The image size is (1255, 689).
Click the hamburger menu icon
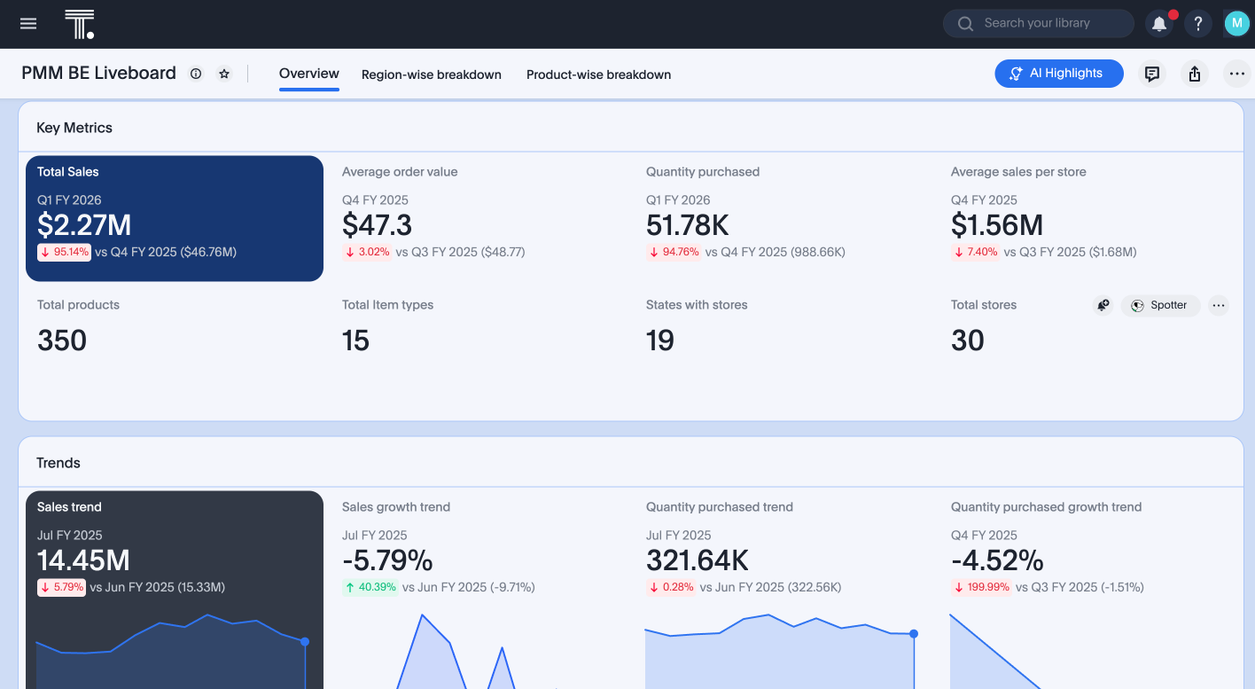(x=28, y=24)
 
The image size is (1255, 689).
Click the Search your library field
(x=1038, y=24)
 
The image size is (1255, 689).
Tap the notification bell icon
(x=1158, y=24)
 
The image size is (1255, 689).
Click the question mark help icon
(x=1198, y=24)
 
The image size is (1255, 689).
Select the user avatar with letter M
(x=1236, y=24)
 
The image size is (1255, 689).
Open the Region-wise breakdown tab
(x=432, y=74)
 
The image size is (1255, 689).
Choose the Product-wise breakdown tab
(x=598, y=74)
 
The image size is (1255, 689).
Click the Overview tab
(x=309, y=74)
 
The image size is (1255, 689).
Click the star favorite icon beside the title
(x=224, y=74)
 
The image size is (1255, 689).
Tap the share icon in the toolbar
(x=1195, y=74)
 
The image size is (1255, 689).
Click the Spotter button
(x=1160, y=305)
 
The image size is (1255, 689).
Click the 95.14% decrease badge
(x=65, y=252)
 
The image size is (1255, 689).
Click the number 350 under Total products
(x=62, y=341)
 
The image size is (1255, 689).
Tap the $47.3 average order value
(x=377, y=225)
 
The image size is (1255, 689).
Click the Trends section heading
(x=58, y=463)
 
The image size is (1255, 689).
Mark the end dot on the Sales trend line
(x=305, y=641)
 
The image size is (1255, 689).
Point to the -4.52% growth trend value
(x=997, y=560)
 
